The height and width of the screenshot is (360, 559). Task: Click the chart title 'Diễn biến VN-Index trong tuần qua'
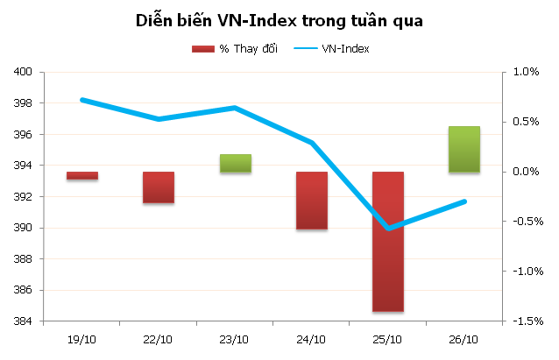coord(279,21)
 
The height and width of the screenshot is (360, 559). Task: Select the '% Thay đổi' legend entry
coord(234,49)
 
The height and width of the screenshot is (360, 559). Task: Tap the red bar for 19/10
coord(82,176)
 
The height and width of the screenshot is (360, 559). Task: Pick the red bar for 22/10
coord(159,187)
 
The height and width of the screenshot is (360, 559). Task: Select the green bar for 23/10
coord(236,164)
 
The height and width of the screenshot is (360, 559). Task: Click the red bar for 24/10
coord(312,201)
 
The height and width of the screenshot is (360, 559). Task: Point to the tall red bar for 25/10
coord(388,242)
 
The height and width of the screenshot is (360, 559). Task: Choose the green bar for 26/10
coord(464,150)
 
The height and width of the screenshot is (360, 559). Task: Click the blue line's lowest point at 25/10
coord(388,229)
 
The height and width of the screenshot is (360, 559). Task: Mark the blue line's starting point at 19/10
coord(82,100)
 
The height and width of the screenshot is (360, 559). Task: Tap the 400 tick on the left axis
coord(25,72)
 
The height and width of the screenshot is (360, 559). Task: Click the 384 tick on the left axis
coord(25,321)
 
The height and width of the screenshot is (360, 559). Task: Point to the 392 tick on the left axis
coord(25,197)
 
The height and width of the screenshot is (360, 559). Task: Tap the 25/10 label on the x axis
coord(388,339)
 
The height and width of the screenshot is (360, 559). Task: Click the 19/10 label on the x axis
coord(82,339)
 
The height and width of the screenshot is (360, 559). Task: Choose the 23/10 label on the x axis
coord(236,339)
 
